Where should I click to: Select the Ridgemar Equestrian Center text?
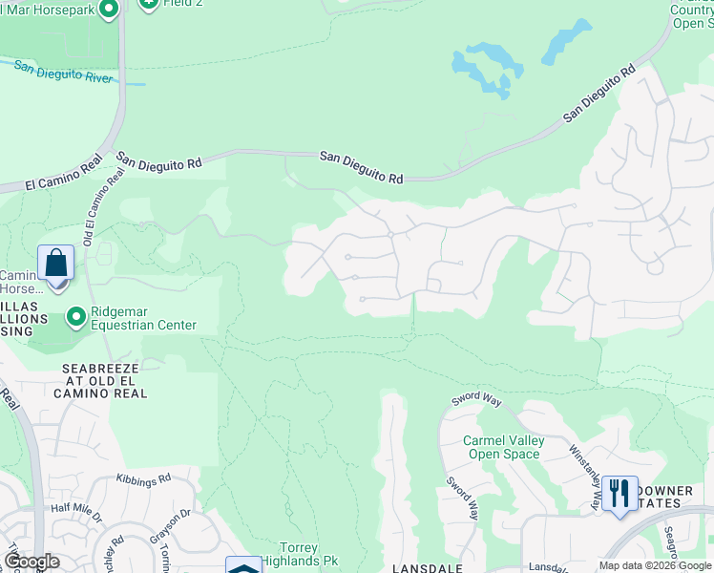143,318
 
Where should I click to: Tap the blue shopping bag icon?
55,263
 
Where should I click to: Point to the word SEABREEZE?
101,368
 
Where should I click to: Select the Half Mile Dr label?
76,514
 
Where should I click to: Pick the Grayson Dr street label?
172,525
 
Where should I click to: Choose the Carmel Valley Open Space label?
503,447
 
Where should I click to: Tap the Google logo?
31,562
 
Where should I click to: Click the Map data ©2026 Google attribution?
655,566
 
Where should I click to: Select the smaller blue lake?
566,43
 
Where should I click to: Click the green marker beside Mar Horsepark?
108,9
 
